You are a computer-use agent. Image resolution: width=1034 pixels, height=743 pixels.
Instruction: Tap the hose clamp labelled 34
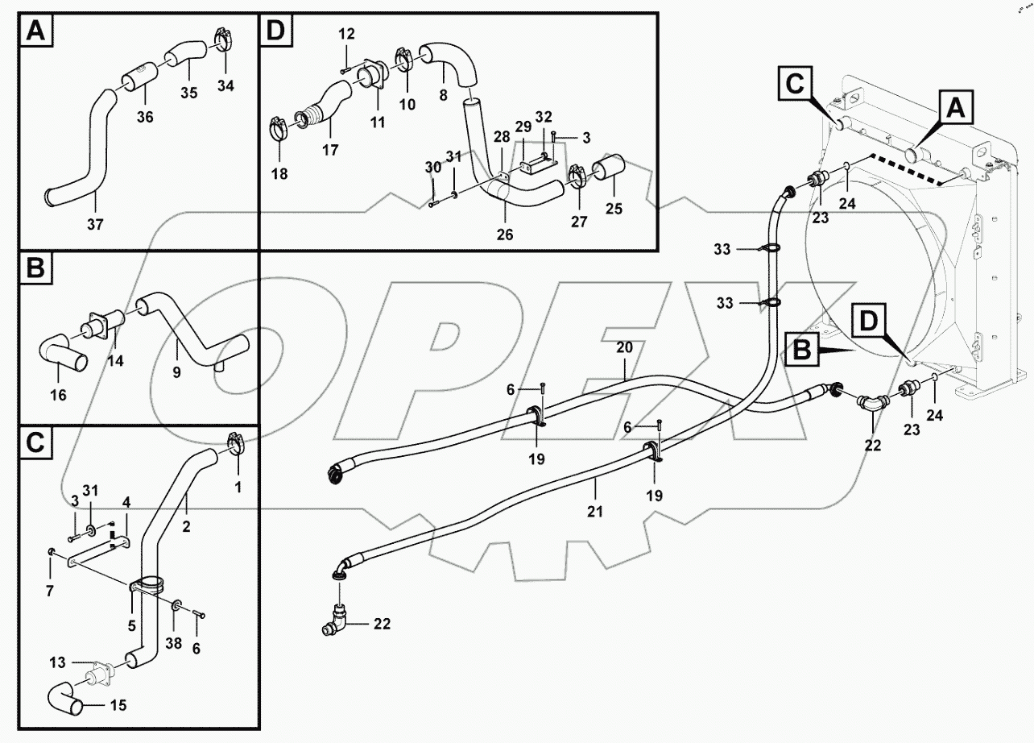click(x=225, y=39)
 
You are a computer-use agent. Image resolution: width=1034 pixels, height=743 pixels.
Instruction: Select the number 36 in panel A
click(x=144, y=118)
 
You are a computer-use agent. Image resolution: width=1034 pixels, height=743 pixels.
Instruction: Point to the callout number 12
click(x=345, y=34)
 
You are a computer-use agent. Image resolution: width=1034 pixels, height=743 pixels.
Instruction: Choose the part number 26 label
click(x=505, y=235)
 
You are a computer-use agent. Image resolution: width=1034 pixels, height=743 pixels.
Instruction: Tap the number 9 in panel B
click(x=176, y=372)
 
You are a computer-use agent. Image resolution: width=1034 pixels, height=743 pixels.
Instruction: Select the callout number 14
click(x=116, y=361)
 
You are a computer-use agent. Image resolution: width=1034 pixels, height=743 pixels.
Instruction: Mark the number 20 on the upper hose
click(x=625, y=347)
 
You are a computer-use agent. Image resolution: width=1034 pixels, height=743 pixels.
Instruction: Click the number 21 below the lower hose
click(x=595, y=511)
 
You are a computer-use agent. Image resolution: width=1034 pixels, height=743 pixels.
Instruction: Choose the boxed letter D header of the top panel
click(x=275, y=31)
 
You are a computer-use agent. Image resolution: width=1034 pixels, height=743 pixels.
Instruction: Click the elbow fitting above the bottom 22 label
click(x=337, y=621)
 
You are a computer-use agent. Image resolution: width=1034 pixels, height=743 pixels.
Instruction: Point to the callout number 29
click(x=523, y=127)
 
